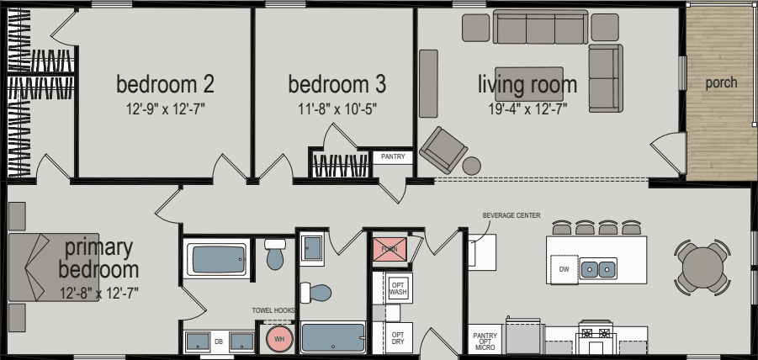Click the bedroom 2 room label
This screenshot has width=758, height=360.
coord(165,84)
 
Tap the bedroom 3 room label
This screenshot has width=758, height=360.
coord(337,84)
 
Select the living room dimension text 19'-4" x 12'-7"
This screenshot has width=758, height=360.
coord(527,108)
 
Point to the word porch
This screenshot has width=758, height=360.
coord(721,82)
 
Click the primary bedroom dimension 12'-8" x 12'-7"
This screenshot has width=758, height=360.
coord(98,293)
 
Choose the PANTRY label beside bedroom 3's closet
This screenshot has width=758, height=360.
coord(393,156)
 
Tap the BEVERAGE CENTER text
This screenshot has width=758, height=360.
coord(512,215)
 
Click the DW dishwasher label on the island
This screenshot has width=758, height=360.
coord(565,269)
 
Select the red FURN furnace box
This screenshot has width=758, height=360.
coord(389,250)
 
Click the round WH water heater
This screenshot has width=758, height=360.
coord(280,340)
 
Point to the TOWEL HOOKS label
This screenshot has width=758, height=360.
coord(274,310)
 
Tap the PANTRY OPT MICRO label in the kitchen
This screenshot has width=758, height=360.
coord(485,341)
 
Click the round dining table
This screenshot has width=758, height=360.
coord(702,267)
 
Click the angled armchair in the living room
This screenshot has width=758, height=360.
coord(443,149)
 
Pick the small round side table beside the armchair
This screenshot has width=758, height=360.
coord(472,166)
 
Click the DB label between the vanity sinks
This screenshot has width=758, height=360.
coord(219,341)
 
